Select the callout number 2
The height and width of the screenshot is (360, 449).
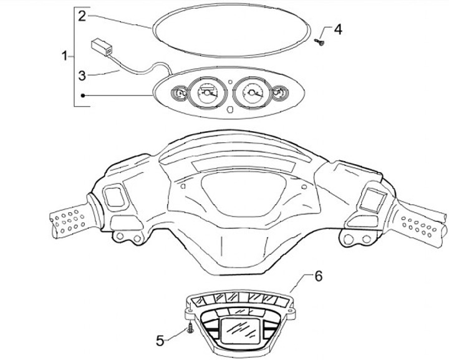(82, 17)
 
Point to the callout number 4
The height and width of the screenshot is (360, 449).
(337, 29)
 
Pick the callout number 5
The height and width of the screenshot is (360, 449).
(160, 340)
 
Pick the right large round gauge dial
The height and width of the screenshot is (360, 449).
(253, 95)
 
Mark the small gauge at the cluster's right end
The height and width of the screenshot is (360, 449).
(280, 95)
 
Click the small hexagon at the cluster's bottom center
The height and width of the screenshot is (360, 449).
(230, 110)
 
